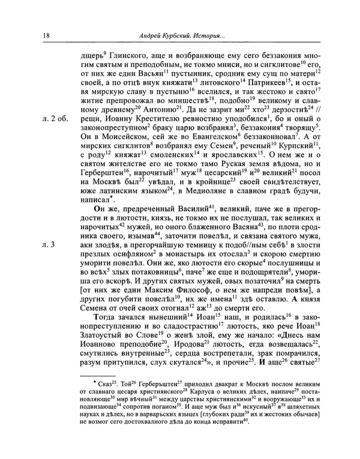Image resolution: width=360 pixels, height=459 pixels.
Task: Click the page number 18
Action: (46, 37)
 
